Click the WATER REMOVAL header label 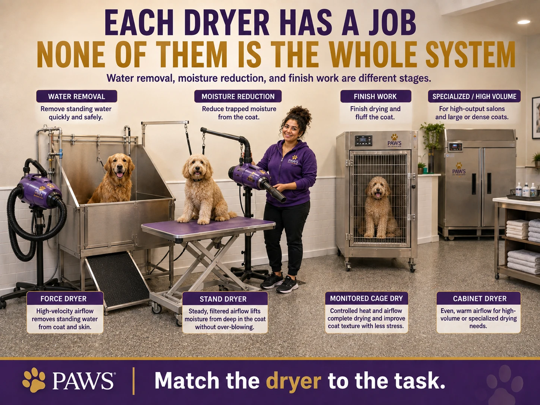(x=76, y=96)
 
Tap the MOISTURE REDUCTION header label (x=238, y=96)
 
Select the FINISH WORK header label (x=376, y=96)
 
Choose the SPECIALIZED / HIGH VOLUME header (x=474, y=96)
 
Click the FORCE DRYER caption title (x=64, y=298)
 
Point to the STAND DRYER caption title (x=223, y=299)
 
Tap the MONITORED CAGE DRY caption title (x=366, y=298)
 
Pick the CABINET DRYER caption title (x=480, y=298)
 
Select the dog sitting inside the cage (x=378, y=207)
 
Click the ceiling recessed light (x=524, y=22)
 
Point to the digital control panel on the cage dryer (x=363, y=141)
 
